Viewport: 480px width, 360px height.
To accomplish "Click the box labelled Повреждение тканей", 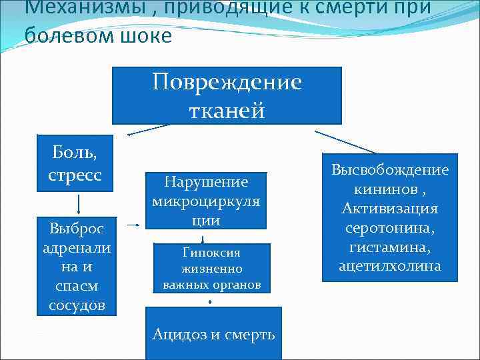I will pyautogui.click(x=227, y=95).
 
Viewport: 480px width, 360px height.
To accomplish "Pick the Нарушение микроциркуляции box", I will pyautogui.click(x=206, y=200).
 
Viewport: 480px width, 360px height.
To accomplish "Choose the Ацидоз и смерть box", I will pyautogui.click(x=213, y=333).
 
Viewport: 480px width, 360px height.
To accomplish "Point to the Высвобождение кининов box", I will pyautogui.click(x=391, y=218).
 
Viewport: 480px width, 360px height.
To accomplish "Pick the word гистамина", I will pyautogui.click(x=391, y=247).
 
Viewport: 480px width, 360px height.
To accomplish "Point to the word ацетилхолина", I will pyautogui.click(x=391, y=265).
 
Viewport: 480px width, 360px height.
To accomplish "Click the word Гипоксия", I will pyautogui.click(x=211, y=253).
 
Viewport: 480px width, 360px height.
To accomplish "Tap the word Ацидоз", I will pyautogui.click(x=179, y=334).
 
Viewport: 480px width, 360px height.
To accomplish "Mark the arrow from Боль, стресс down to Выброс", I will pyautogui.click(x=79, y=203).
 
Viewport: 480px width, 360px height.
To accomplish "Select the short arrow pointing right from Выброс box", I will pyautogui.click(x=133, y=225).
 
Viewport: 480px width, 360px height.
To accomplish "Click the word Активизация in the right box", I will pyautogui.click(x=391, y=209).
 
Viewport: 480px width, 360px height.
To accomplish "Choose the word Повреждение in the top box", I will pyautogui.click(x=227, y=83).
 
